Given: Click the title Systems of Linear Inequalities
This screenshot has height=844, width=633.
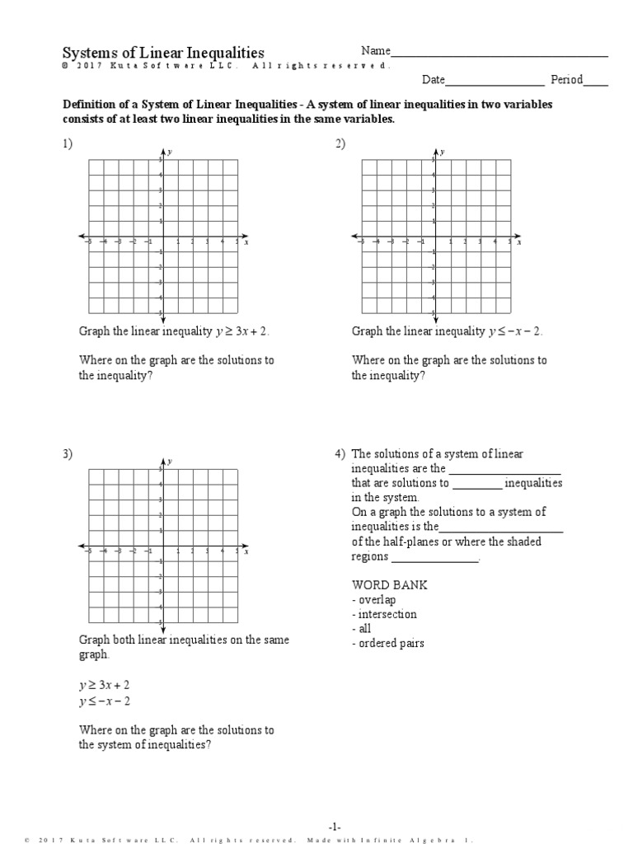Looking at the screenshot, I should pos(163,52).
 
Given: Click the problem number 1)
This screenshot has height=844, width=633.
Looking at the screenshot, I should pos(67,144).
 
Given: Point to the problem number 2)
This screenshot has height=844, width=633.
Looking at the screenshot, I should pos(340,144).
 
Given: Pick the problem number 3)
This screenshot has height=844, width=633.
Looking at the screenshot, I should pos(67,454).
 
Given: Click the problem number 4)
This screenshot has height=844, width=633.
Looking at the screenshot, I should pos(340,454).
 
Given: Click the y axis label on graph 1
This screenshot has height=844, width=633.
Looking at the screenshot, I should pos(169,152).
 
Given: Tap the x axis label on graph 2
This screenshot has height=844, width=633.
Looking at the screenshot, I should pos(519,243).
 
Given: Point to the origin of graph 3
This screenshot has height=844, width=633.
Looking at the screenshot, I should pos(162,546).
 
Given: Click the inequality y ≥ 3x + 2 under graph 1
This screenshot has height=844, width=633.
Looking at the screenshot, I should pos(242,331).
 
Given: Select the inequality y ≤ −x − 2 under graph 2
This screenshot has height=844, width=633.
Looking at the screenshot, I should pos(515,331).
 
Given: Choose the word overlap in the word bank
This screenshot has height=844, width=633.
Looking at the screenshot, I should pos(376,599).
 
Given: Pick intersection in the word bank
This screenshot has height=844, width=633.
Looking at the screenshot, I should pos(386,614).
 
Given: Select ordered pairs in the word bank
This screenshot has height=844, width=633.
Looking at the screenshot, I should pos(390,643).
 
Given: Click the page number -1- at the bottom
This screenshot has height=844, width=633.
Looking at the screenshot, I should pos(335,827).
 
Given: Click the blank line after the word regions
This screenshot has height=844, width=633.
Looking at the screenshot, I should pos(434,557).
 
